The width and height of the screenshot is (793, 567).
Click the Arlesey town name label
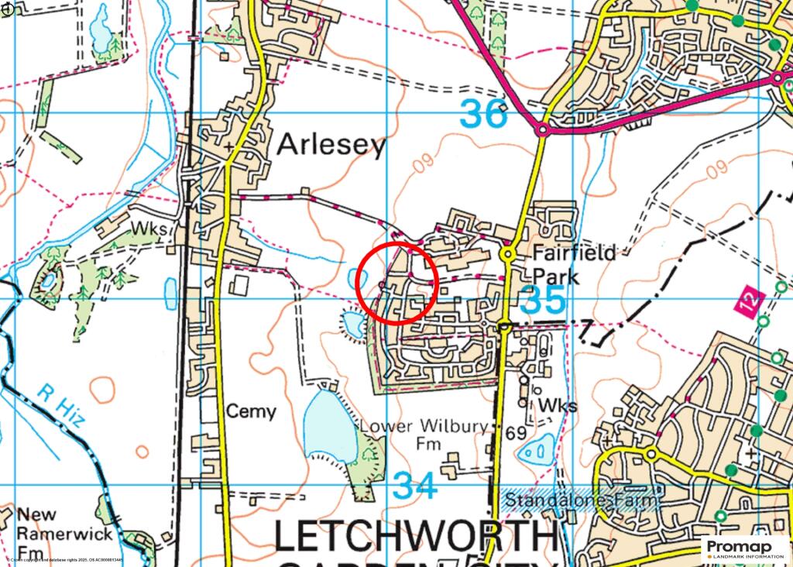[x=331, y=144]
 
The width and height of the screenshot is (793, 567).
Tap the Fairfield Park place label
[x=575, y=264]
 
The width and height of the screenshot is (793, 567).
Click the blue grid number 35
[x=544, y=300]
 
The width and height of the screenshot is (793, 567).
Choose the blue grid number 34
[x=414, y=486]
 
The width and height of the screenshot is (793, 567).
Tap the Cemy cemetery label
[x=250, y=411]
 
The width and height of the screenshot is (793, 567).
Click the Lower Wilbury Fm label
[x=424, y=435]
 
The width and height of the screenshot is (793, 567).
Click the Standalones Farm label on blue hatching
[x=581, y=501]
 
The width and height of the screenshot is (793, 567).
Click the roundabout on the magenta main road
[x=543, y=131]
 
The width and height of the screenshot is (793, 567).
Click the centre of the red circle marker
[x=397, y=282]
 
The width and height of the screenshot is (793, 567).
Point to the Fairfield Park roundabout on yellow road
[x=508, y=253]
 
